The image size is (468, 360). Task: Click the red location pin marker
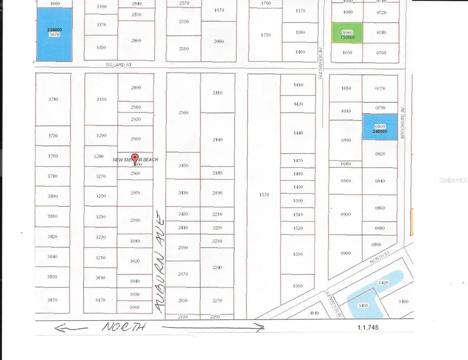click(x=135, y=158)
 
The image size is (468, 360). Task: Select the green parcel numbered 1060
click(x=347, y=33)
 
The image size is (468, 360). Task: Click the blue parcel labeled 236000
click(x=54, y=34)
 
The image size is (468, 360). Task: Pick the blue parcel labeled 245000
click(x=380, y=126)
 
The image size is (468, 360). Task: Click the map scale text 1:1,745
click(x=368, y=328)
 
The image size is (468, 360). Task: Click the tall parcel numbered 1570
click(x=264, y=195)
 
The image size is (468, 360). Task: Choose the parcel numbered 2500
click(x=183, y=112)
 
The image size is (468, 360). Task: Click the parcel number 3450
click(x=363, y=305)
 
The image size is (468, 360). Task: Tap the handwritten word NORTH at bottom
click(x=124, y=327)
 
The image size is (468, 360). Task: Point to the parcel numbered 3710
click(x=53, y=99)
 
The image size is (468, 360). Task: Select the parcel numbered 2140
click(x=218, y=140)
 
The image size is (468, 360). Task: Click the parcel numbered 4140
click(x=314, y=313)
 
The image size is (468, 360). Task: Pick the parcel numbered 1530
click(x=298, y=254)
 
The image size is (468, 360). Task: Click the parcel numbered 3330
click(x=101, y=99)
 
